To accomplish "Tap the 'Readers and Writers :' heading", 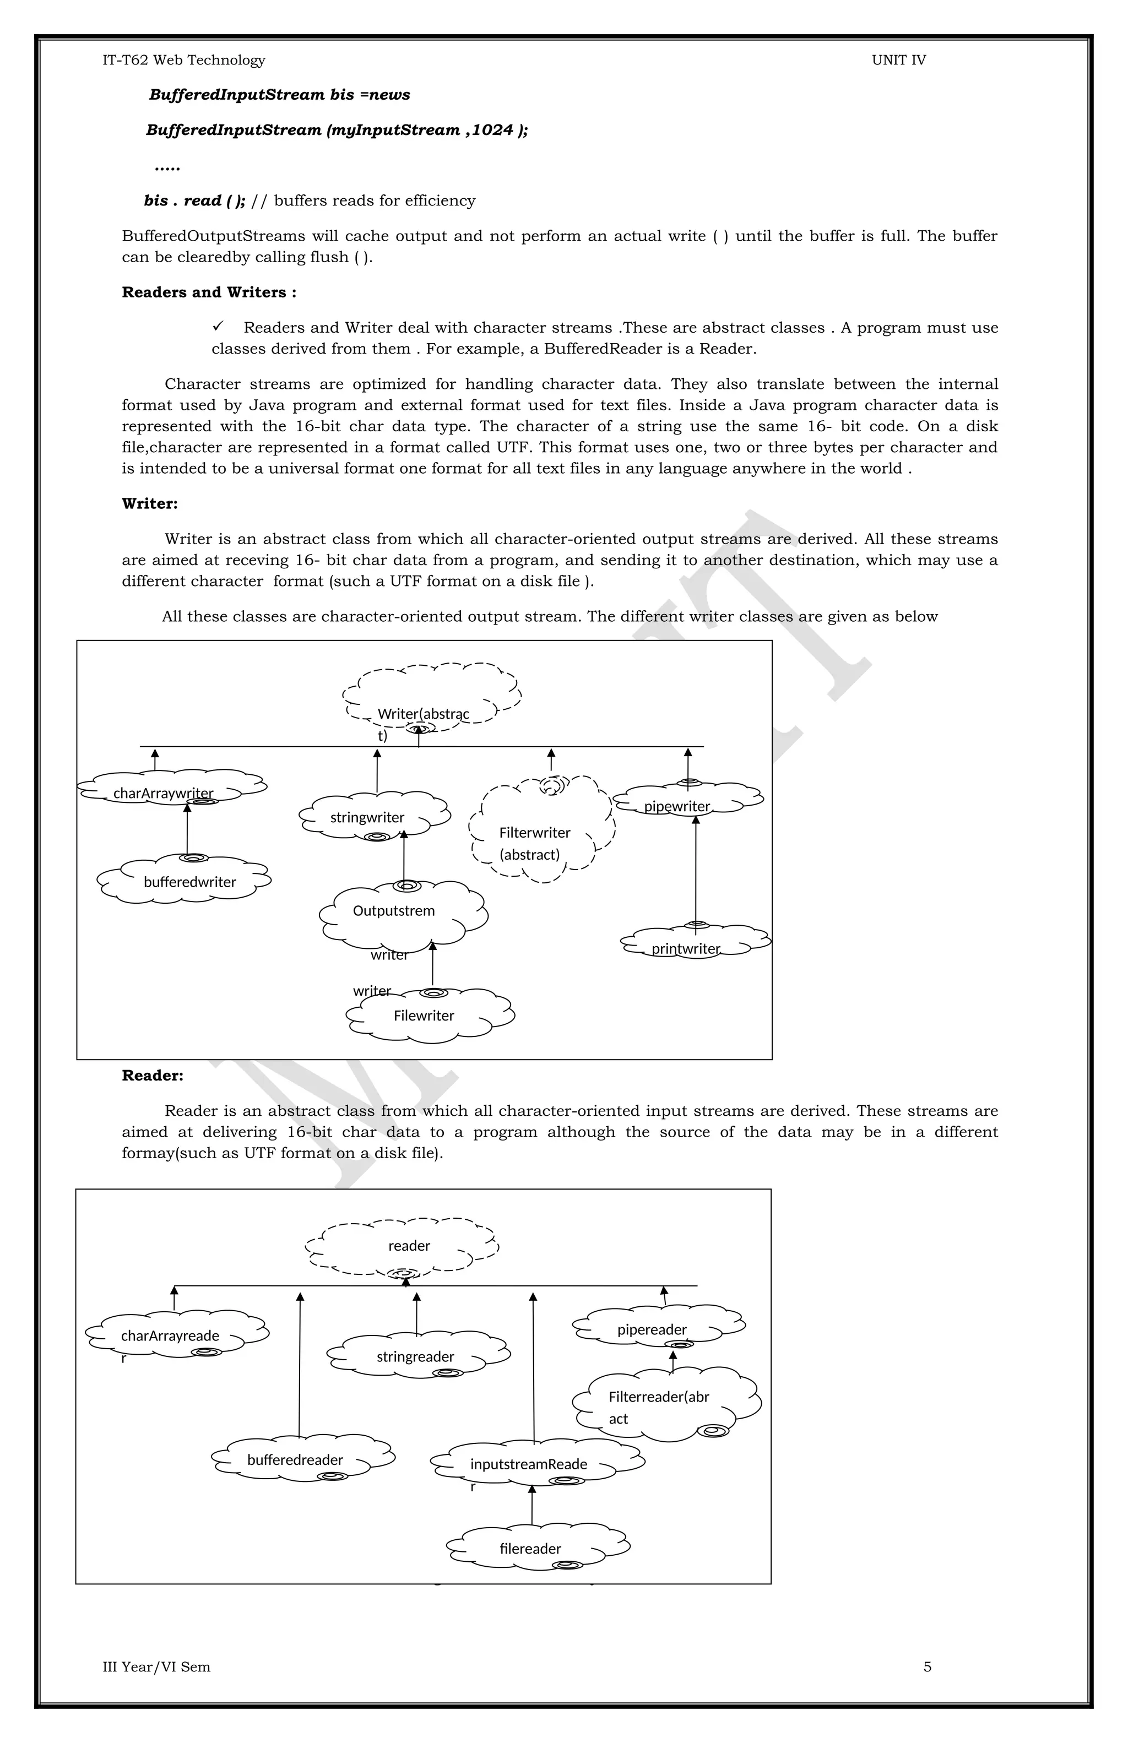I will pyautogui.click(x=209, y=292).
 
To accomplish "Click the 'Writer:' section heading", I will pyautogui.click(x=149, y=504).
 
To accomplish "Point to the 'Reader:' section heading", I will pyautogui.click(x=153, y=1076).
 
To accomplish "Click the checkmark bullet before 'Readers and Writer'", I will pyautogui.click(x=218, y=326).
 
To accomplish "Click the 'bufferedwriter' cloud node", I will pyautogui.click(x=189, y=882).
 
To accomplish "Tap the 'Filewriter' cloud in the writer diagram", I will pyautogui.click(x=424, y=1016).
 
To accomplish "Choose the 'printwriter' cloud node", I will pyautogui.click(x=686, y=948).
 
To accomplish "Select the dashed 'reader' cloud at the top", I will pyautogui.click(x=409, y=1246).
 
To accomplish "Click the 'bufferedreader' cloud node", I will pyautogui.click(x=295, y=1459).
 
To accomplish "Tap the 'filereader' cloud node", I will pyautogui.click(x=530, y=1548).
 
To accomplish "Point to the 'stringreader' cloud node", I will pyautogui.click(x=415, y=1356).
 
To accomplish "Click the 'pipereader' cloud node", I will pyautogui.click(x=652, y=1329).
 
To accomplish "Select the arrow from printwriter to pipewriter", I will pyautogui.click(x=696, y=871).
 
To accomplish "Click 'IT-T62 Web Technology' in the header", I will pyautogui.click(x=184, y=60).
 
